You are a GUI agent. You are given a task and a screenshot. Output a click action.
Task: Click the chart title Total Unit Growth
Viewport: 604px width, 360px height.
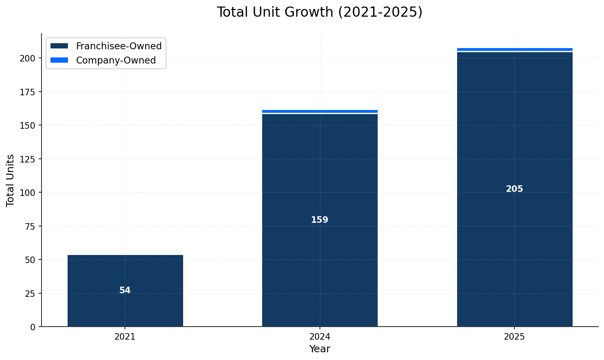tap(320, 12)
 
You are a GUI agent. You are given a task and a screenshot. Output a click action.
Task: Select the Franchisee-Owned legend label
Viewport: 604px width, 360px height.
tap(119, 46)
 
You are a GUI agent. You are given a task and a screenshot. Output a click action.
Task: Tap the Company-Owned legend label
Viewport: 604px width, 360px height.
tap(116, 60)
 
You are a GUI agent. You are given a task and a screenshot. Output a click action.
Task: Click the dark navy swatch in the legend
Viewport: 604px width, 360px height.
tap(59, 46)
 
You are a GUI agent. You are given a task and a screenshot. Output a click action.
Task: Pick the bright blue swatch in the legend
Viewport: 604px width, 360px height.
tap(59, 60)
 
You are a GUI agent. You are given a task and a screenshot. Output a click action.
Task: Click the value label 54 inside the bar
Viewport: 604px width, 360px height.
tap(125, 290)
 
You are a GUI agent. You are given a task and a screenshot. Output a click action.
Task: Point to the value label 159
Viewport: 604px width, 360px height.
tap(320, 220)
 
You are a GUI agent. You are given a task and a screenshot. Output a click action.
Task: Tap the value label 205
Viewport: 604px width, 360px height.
tap(514, 189)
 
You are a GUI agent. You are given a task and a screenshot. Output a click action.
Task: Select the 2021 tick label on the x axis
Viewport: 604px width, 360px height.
tap(125, 337)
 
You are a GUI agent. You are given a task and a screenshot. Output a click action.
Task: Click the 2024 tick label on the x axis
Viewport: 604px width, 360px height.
tap(320, 337)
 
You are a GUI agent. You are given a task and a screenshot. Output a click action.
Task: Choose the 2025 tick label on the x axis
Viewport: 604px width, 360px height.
tap(514, 337)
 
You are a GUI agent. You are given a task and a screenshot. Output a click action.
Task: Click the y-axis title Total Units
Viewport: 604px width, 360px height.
tap(11, 180)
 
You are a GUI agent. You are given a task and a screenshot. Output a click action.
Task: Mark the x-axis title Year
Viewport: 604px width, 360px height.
tap(320, 349)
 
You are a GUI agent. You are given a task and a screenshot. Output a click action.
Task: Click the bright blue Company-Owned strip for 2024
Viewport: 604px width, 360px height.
tap(320, 111)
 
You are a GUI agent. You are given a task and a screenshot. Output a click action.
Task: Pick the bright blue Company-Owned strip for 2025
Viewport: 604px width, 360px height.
tap(514, 49)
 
